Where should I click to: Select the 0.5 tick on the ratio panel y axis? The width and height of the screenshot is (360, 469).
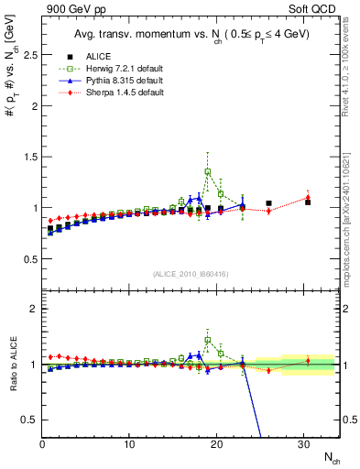pyautogui.click(x=29, y=420)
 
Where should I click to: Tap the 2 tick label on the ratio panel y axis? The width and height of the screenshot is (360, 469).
pyautogui.click(x=33, y=309)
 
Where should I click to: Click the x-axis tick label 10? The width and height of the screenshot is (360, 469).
pyautogui.click(x=129, y=445)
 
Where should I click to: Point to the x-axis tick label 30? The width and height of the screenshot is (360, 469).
pyautogui.click(x=304, y=445)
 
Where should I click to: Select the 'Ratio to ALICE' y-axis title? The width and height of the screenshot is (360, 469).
pyautogui.click(x=13, y=365)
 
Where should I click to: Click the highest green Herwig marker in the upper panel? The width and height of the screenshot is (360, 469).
pyautogui.click(x=208, y=171)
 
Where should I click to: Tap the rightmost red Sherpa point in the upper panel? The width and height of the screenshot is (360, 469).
pyautogui.click(x=308, y=195)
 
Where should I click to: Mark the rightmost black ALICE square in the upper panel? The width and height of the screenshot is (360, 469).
pyautogui.click(x=308, y=202)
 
